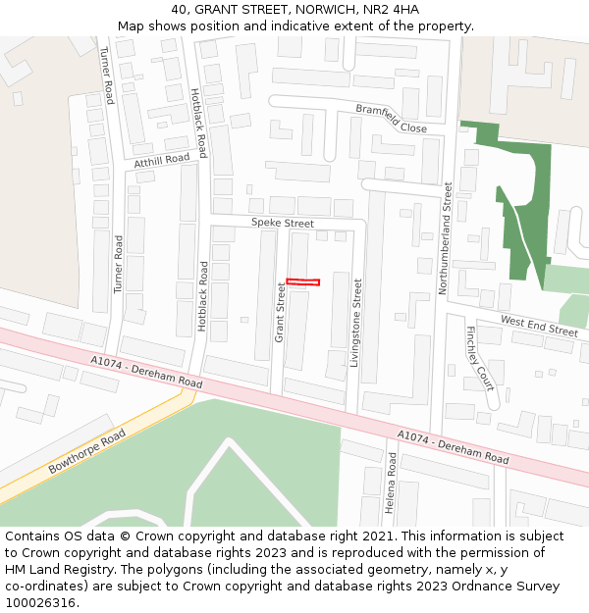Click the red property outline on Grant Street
pos(302,282)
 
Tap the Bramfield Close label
pos(391,120)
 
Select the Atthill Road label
pos(162,160)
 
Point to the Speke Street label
pos(282,223)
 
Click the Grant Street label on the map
pos(280,312)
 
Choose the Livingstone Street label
pos(356,322)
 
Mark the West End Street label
pos(539,326)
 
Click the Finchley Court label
pos(480,358)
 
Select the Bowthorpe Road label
pos(87,451)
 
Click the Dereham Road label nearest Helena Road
pos(453,446)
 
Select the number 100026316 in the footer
pos(40,602)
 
